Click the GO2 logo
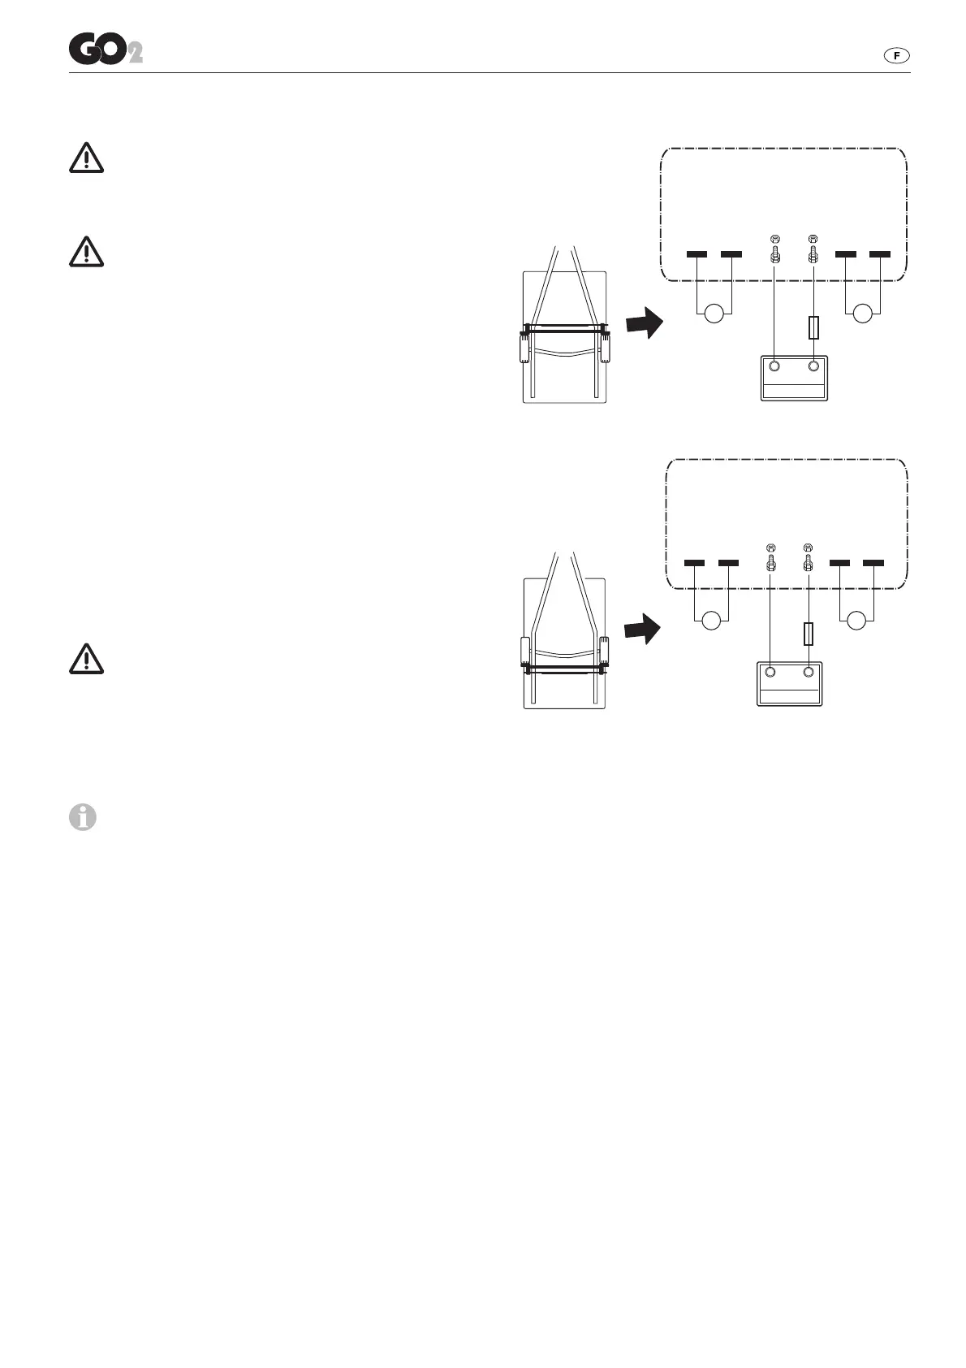pyautogui.click(x=105, y=50)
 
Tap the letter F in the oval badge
pyautogui.click(x=896, y=55)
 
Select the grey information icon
pyautogui.click(x=82, y=817)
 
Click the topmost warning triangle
pyautogui.click(x=86, y=158)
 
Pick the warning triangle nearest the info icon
pyautogui.click(x=86, y=659)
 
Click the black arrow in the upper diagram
pyautogui.click(x=645, y=323)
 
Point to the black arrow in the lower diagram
pyautogui.click(x=642, y=629)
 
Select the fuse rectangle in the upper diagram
pyautogui.click(x=813, y=328)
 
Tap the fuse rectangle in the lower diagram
pyautogui.click(x=809, y=634)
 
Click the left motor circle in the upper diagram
pyautogui.click(x=714, y=314)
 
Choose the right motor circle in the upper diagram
pyautogui.click(x=862, y=314)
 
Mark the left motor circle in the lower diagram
pyautogui.click(x=712, y=621)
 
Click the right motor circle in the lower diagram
pyautogui.click(x=856, y=621)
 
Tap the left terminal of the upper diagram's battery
pyautogui.click(x=774, y=366)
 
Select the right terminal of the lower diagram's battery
pyautogui.click(x=809, y=672)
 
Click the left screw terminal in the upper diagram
pyautogui.click(x=774, y=249)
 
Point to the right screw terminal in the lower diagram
pyautogui.click(x=809, y=557)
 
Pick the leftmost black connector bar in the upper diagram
pyautogui.click(x=696, y=254)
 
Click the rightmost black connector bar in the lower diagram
pyautogui.click(x=873, y=563)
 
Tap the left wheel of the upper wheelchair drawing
pyautogui.click(x=524, y=348)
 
